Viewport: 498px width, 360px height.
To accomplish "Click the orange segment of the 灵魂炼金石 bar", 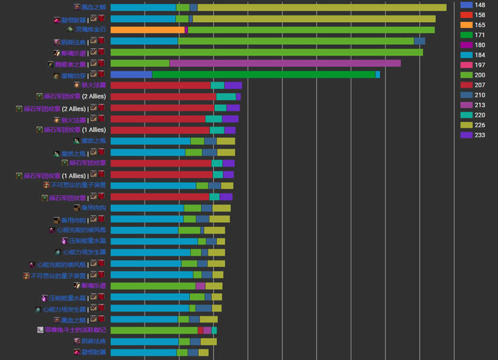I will [147, 29].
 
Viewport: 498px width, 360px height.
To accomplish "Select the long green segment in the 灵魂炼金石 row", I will [311, 29].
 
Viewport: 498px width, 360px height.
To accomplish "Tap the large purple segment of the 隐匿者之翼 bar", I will [285, 64].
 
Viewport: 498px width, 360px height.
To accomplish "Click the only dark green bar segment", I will [264, 74].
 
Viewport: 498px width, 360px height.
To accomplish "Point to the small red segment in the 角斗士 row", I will [200, 330].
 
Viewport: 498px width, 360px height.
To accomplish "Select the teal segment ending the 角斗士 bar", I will [214, 330].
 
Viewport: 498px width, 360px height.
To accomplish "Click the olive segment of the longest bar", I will [322, 7].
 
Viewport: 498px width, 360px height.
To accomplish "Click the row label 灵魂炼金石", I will [90, 29].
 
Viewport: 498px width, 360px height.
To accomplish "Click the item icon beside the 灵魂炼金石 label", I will [70, 29].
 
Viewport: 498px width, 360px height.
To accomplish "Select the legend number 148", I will [480, 5].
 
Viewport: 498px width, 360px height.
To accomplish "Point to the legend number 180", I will [480, 45].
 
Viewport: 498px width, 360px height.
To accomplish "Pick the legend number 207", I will [480, 85].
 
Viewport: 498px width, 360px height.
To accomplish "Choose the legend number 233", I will [480, 135].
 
